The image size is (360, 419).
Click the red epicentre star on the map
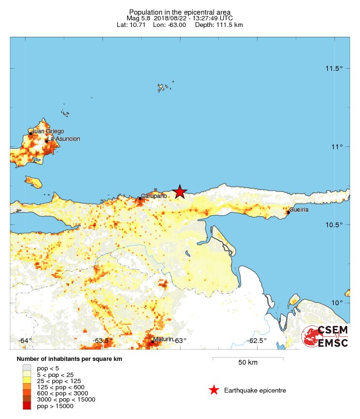(x=180, y=191)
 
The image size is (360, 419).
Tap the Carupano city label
(x=154, y=196)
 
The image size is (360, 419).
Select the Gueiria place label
(x=299, y=209)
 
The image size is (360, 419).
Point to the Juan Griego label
(x=47, y=131)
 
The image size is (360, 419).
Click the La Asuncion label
(x=64, y=139)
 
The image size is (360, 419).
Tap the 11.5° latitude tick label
(x=334, y=68)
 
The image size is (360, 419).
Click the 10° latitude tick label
(x=336, y=302)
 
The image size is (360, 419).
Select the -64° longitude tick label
(x=25, y=341)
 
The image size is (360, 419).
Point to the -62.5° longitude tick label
(x=257, y=341)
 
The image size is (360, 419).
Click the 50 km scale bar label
(x=248, y=363)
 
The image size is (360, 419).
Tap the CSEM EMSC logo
(x=325, y=336)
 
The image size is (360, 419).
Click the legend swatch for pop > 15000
(x=27, y=406)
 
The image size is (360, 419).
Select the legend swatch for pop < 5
(x=27, y=368)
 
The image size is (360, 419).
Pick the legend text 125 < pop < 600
(x=62, y=387)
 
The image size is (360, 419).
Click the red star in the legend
(x=214, y=390)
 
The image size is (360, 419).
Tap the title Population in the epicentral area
(x=180, y=11)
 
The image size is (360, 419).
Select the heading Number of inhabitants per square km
(x=69, y=359)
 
